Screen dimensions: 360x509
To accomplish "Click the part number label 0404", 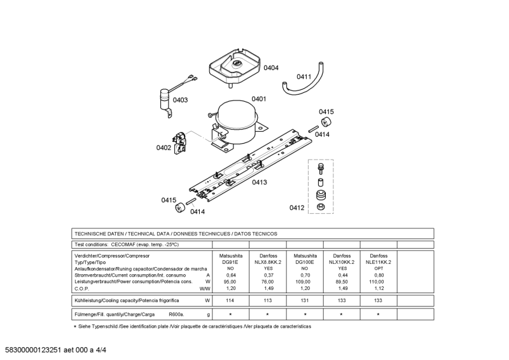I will pyautogui.click(x=271, y=67).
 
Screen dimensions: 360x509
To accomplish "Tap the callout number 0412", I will pyautogui.click(x=296, y=207).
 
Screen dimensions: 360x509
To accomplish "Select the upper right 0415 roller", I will pyautogui.click(x=326, y=122).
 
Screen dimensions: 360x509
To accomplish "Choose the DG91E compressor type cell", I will pyautogui.click(x=230, y=262).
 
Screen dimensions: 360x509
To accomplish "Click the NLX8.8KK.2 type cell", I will pyautogui.click(x=267, y=262).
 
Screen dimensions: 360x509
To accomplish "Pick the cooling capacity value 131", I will pyautogui.click(x=305, y=300).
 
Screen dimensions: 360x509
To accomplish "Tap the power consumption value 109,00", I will pyautogui.click(x=305, y=281).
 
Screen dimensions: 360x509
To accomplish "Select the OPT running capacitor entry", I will pyautogui.click(x=379, y=268).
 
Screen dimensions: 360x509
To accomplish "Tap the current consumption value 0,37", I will pyautogui.click(x=267, y=275).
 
